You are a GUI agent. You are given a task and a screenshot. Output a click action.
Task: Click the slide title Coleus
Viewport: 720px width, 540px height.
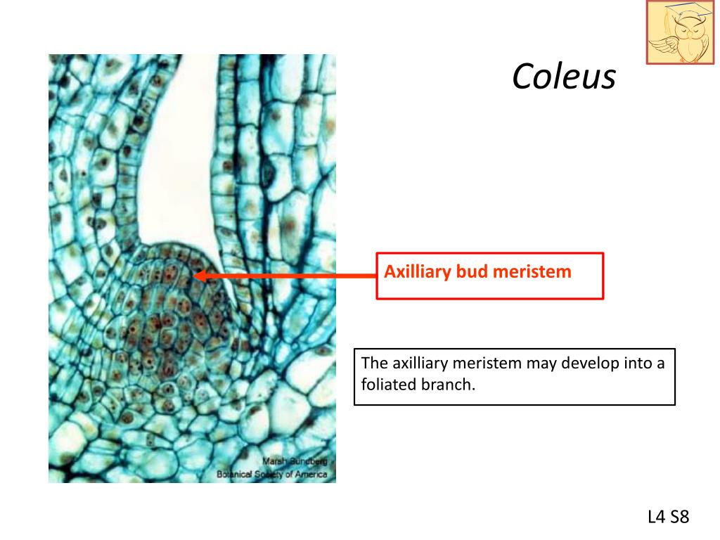click(564, 77)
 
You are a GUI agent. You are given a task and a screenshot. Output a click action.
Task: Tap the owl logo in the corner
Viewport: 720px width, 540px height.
click(680, 32)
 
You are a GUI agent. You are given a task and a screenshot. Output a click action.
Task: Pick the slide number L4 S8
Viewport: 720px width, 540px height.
click(668, 517)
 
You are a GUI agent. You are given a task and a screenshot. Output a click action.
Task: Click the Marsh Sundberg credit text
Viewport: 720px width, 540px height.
click(295, 461)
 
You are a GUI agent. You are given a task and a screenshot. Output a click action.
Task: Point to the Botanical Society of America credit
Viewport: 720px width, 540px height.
click(272, 474)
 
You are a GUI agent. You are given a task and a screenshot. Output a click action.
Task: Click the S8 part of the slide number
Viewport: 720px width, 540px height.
click(679, 517)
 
